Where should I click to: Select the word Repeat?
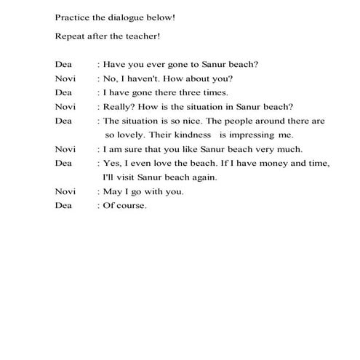tap(71, 36)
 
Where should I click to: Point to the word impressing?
tap(254, 135)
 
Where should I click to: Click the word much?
tap(268, 149)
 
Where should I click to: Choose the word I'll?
tap(110, 177)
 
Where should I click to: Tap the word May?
tap(112, 191)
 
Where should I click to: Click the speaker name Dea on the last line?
tap(63, 205)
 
